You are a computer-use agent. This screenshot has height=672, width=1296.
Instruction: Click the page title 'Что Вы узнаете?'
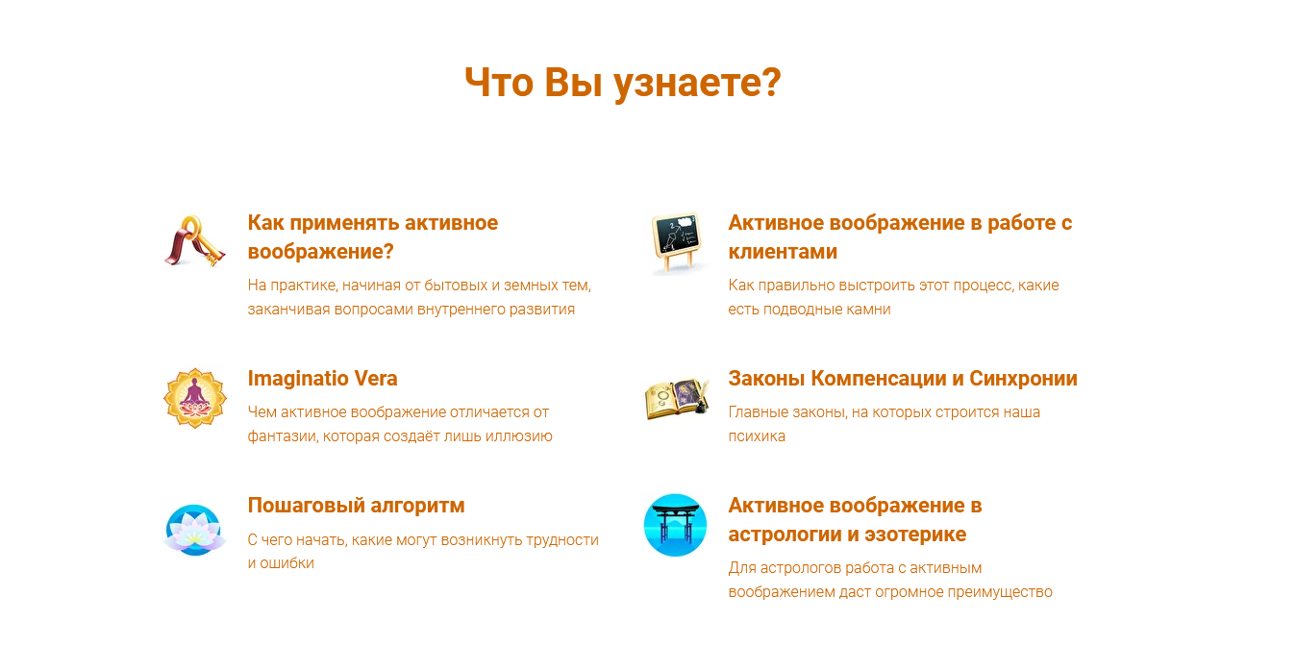pos(622,84)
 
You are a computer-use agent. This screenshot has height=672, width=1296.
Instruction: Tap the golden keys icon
pos(194,241)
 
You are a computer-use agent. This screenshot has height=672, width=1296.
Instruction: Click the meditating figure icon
pos(194,397)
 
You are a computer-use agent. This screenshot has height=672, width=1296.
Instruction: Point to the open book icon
pos(675,397)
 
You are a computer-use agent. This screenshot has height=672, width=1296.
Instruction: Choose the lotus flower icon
pos(194,530)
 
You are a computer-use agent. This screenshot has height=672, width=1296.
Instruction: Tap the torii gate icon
pos(675,525)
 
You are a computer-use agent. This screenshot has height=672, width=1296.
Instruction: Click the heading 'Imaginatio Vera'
pos(322,379)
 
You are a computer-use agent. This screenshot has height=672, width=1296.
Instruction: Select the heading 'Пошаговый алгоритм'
pos(356,506)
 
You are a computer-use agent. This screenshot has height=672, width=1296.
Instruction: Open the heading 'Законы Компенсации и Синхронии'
pos(903,379)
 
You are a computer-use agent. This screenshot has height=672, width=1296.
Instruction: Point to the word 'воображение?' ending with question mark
pos(321,252)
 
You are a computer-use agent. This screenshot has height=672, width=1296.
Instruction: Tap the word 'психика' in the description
pos(757,436)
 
